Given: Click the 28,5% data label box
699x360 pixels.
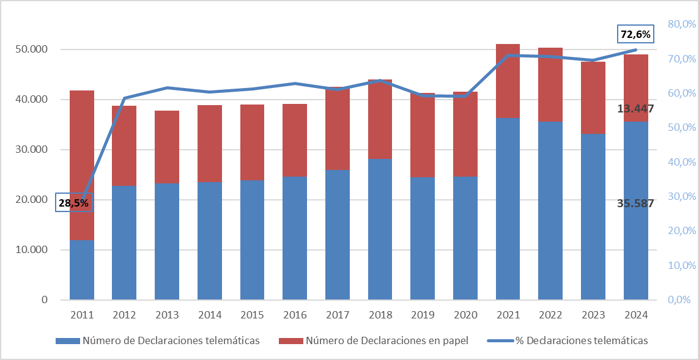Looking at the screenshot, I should [x=74, y=202].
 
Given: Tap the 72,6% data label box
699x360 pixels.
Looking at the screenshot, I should [x=635, y=34].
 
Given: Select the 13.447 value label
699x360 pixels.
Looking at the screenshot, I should [x=636, y=109].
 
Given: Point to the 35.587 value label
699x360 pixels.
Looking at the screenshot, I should [x=636, y=204].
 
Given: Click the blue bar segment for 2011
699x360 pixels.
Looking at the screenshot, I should [x=82, y=270].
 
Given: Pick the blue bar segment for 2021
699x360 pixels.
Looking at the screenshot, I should [x=508, y=208].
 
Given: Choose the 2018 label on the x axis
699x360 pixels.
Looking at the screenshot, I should [x=380, y=315].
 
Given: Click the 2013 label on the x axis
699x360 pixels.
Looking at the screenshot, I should [x=167, y=315].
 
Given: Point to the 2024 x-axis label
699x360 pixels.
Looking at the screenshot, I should [x=635, y=315].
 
